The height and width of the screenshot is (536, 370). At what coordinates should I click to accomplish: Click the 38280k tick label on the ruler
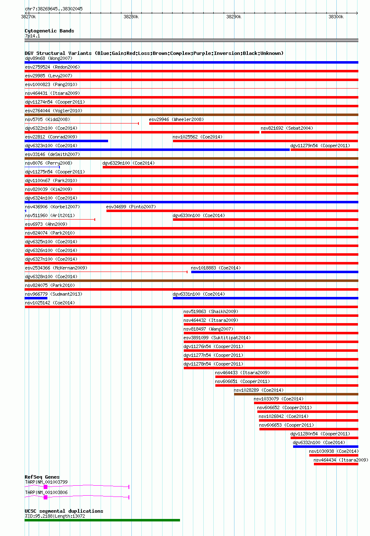pyautogui.click(x=131, y=17)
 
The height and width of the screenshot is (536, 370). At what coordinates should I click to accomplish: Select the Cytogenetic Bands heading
pyautogui.click(x=49, y=31)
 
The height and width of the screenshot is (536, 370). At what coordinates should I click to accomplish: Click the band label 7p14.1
pyautogui.click(x=32, y=36)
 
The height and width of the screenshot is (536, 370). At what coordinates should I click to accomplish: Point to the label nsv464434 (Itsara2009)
pyautogui.click(x=340, y=460)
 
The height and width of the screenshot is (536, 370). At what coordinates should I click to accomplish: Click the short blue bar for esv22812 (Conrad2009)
pyautogui.click(x=66, y=141)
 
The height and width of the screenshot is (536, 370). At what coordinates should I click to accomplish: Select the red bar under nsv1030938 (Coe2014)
pyautogui.click(x=333, y=455)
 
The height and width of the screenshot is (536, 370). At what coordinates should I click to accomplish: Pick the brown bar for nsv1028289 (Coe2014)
pyautogui.click(x=296, y=394)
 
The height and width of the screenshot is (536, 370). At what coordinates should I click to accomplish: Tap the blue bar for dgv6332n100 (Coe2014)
pyautogui.click(x=326, y=447)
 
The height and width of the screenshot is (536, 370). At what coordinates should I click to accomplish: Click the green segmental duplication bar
pyautogui.click(x=102, y=520)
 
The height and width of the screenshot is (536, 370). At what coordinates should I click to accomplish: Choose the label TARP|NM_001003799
pyautogui.click(x=46, y=482)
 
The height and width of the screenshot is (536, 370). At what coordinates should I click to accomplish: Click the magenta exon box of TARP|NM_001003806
pyautogui.click(x=45, y=497)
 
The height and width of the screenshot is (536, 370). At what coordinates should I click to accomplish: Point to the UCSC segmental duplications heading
pyautogui.click(x=64, y=511)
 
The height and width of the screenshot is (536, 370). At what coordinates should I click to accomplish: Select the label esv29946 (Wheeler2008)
pyautogui.click(x=176, y=119)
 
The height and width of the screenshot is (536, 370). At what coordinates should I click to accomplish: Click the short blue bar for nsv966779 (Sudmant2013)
pyautogui.click(x=36, y=298)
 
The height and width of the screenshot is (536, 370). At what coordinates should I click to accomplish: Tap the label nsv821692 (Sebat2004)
pyautogui.click(x=287, y=128)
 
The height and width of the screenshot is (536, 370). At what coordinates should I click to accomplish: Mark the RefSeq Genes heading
pyautogui.click(x=42, y=477)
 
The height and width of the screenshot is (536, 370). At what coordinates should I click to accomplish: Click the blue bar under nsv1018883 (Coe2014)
pyautogui.click(x=274, y=272)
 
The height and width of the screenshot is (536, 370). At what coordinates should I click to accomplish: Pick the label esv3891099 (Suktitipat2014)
pyautogui.click(x=217, y=338)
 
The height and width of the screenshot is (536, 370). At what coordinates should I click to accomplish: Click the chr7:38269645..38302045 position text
pyautogui.click(x=54, y=9)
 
